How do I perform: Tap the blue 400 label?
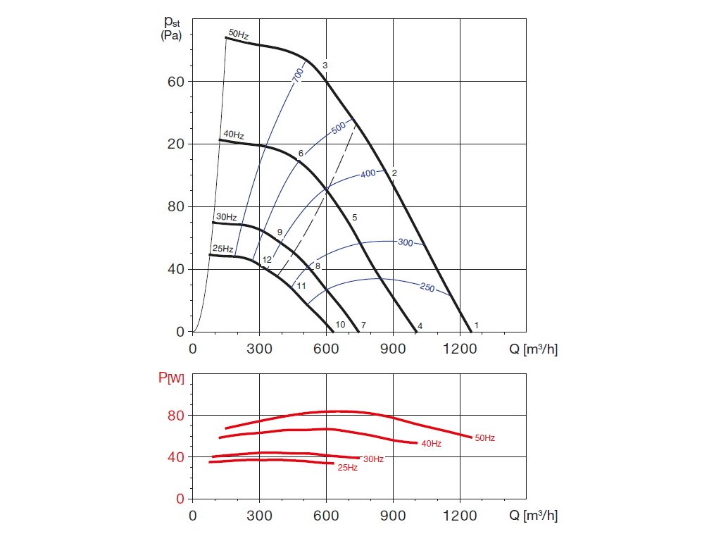point(368,173)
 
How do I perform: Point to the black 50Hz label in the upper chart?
point(238,34)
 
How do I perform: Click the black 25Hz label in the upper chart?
point(222,249)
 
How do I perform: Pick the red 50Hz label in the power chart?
point(484,438)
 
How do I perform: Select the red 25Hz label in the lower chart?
point(347,467)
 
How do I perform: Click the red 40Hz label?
point(431,444)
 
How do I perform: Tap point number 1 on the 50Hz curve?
point(477,325)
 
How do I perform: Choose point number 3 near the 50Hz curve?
point(325,66)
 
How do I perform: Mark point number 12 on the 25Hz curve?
point(267,261)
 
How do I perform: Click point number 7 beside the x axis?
point(363,325)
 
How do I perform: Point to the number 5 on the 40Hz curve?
point(354,218)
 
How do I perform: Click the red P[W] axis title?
point(170,379)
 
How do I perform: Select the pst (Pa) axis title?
point(173,27)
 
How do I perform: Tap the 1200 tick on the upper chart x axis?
point(460,348)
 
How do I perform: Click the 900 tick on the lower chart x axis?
point(393,516)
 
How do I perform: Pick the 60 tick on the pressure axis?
point(175,82)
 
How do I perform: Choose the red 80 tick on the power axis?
point(175,416)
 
